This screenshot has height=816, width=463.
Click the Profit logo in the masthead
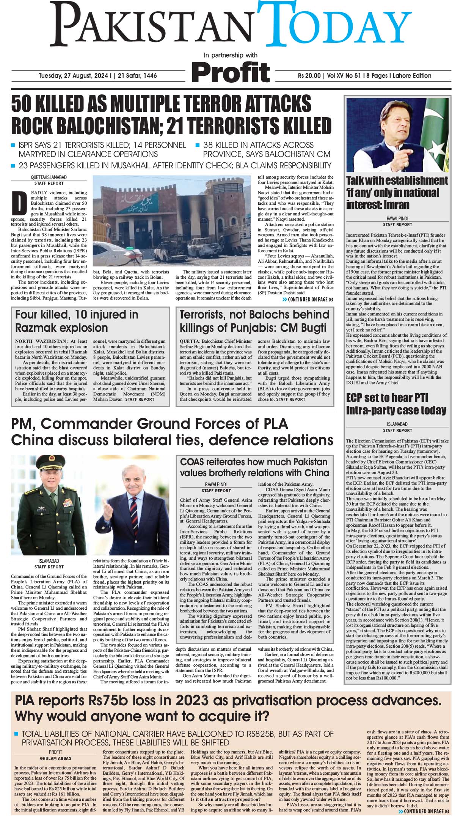click(231, 72)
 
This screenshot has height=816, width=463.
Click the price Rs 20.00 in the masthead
click(309, 75)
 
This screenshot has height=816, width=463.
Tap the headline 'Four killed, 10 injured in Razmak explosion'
click(77, 321)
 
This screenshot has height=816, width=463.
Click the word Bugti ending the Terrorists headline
click(311, 328)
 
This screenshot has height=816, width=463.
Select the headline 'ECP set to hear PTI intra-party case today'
click(396, 404)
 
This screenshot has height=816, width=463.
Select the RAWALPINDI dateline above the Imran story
click(397, 219)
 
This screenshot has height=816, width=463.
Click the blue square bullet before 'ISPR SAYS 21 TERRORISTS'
click(13, 145)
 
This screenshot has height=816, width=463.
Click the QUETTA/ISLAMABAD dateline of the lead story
click(49, 177)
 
